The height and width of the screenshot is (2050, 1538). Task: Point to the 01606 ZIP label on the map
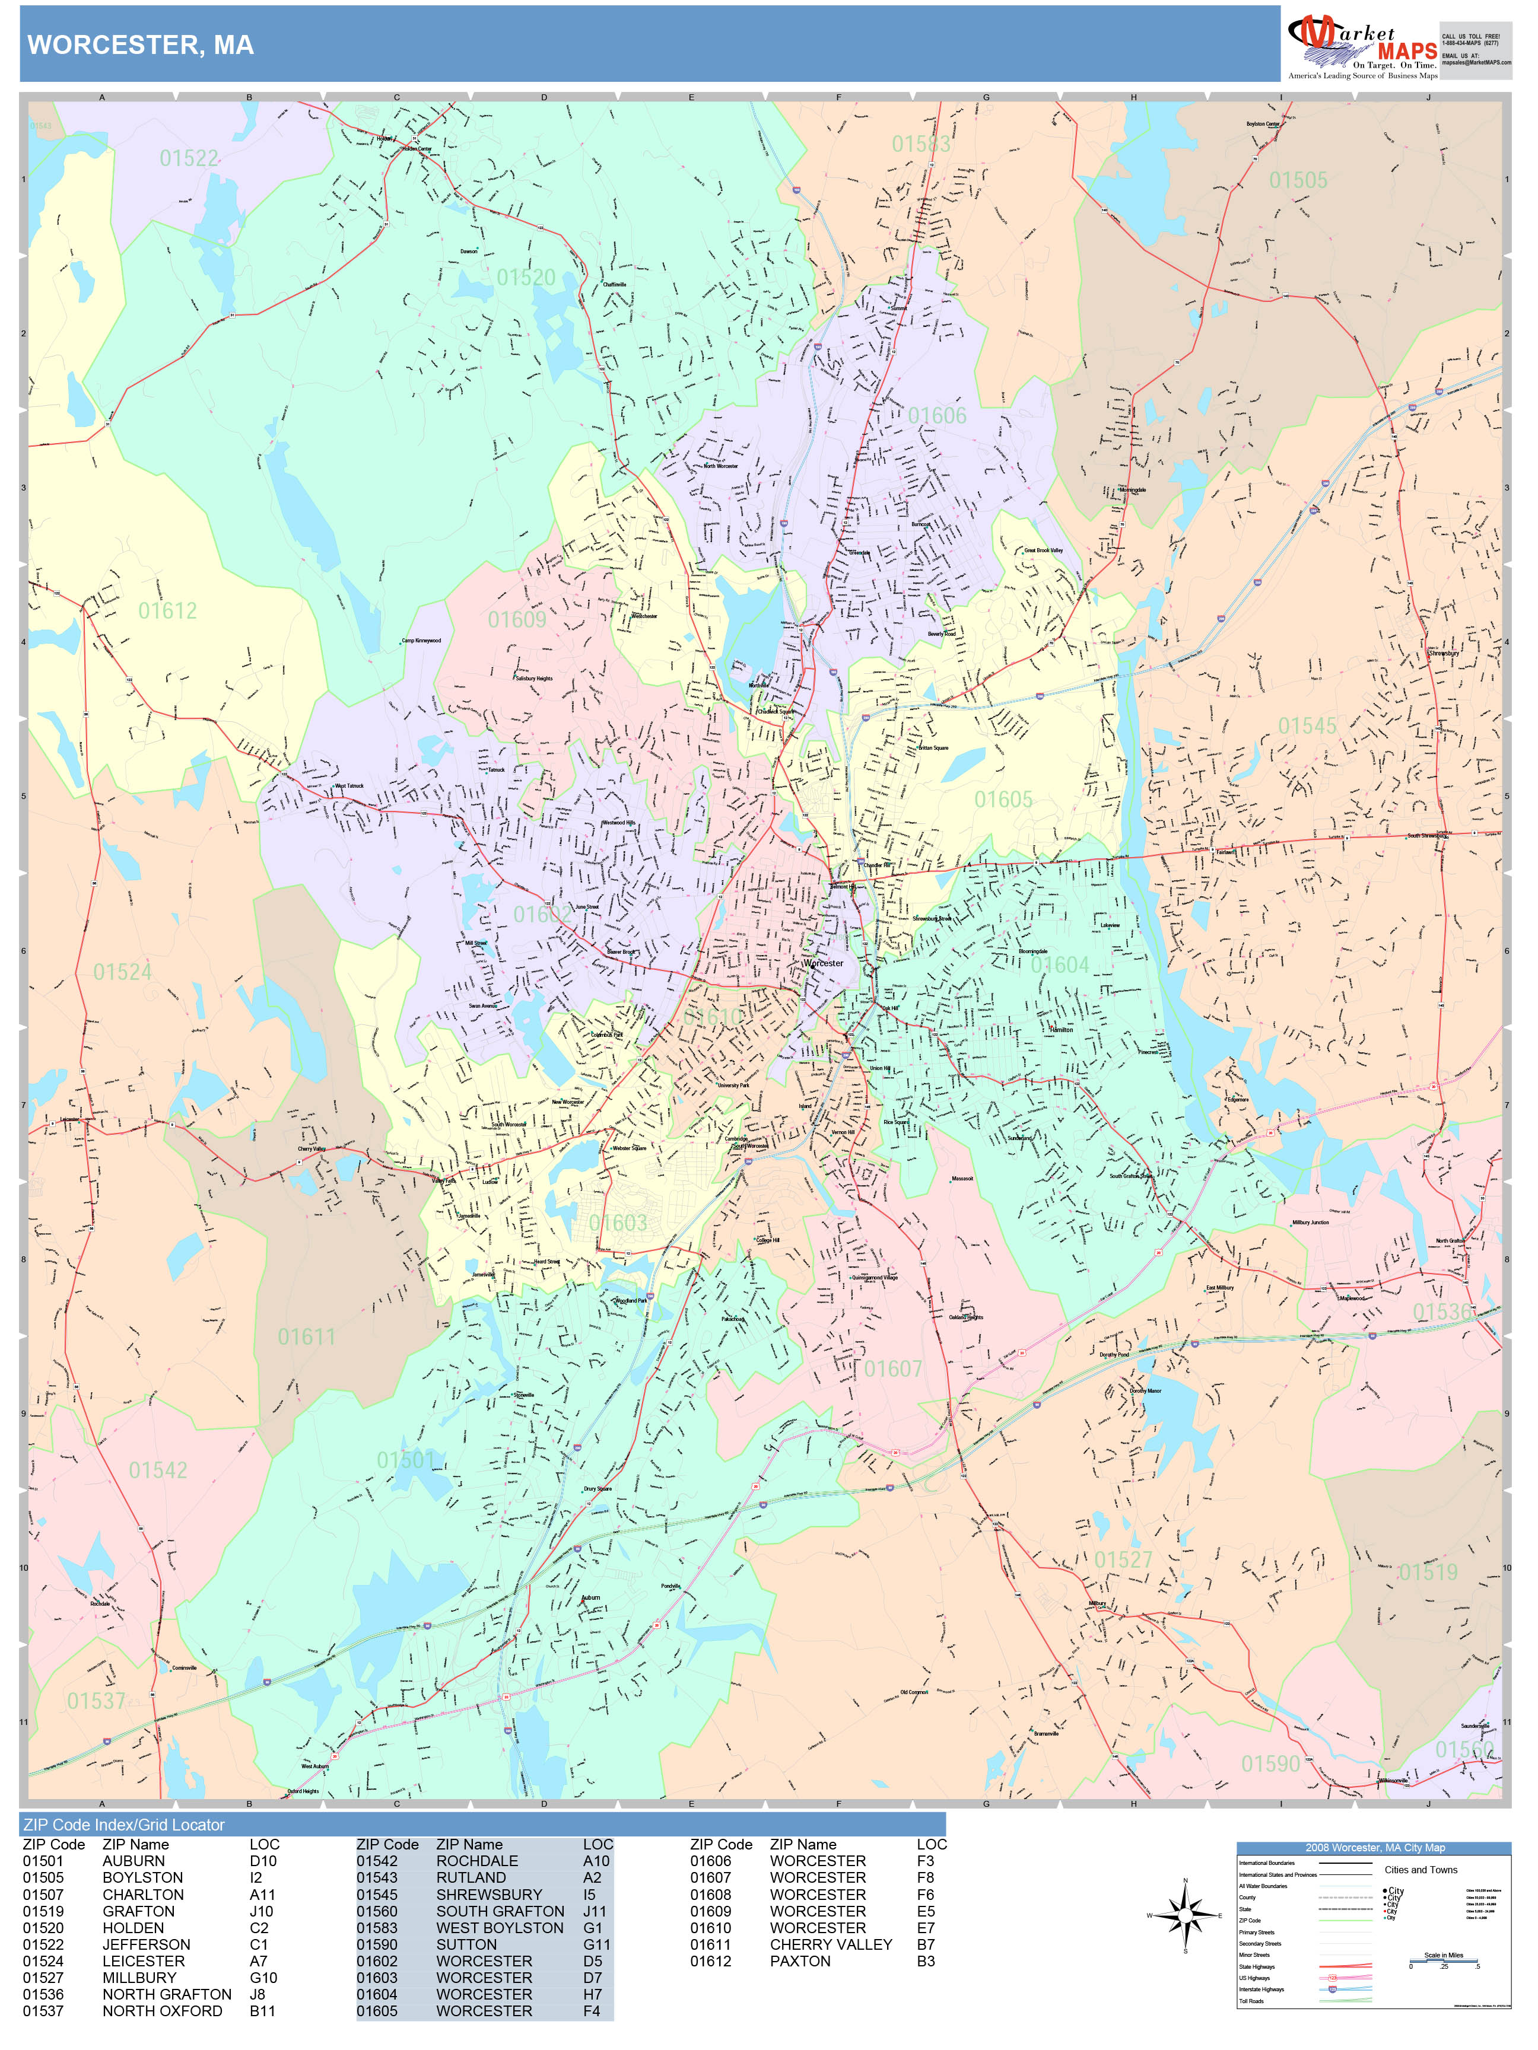point(936,415)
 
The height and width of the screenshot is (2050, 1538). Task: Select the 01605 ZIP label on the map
point(1003,799)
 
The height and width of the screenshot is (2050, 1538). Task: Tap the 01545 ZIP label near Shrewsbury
point(1307,725)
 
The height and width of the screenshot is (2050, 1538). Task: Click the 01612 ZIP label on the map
point(168,611)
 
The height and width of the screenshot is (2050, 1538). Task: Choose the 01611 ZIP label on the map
point(306,1336)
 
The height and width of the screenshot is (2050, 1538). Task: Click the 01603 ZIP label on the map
point(618,1223)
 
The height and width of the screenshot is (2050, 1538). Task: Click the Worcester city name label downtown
point(823,963)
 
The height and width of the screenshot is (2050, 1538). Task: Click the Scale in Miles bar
point(1444,1960)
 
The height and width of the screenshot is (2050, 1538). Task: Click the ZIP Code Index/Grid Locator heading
point(124,1825)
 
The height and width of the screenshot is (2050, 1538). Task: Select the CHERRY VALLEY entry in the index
point(831,1944)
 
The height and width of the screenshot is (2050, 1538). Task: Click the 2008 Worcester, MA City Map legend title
point(1374,1847)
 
